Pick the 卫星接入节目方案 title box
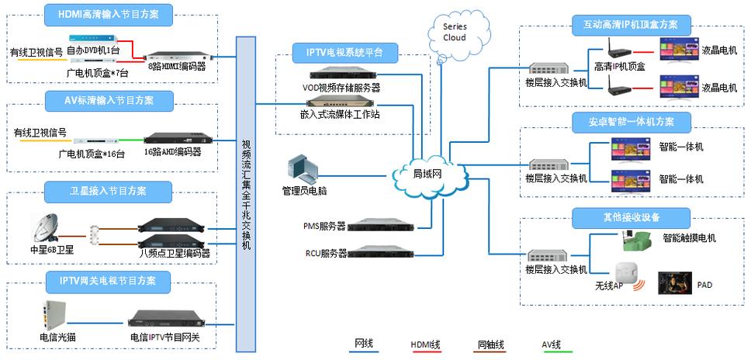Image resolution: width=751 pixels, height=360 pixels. pos(107,190)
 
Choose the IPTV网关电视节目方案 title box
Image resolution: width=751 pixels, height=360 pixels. pos(108,279)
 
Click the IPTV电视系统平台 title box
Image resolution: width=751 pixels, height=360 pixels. pos(346,53)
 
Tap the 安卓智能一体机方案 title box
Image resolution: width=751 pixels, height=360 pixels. pos(632,121)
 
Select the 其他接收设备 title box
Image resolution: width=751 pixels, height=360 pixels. pos(632,216)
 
